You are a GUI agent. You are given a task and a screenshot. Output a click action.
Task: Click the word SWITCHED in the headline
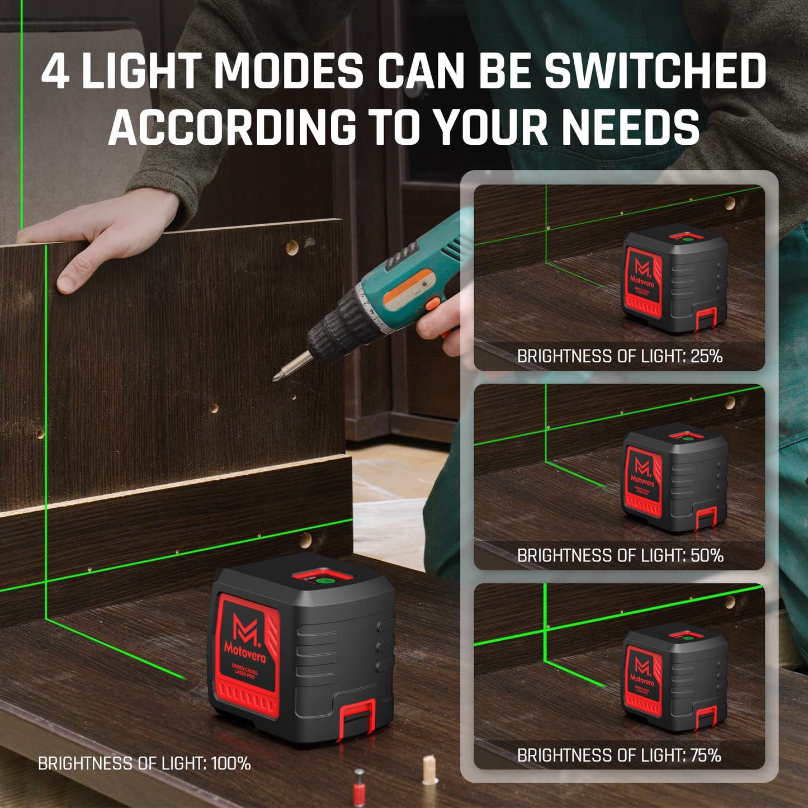tap(655, 71)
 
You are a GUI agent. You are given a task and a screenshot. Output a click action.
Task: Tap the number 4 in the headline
tap(55, 71)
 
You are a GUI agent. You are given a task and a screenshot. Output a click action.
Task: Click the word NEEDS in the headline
tap(630, 126)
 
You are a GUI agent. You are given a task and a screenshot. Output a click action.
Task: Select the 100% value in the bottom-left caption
tap(230, 763)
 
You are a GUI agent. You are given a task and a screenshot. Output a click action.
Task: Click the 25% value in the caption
tap(706, 356)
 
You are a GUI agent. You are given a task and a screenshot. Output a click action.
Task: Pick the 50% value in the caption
tap(707, 555)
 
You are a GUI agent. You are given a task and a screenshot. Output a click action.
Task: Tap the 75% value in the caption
tap(706, 755)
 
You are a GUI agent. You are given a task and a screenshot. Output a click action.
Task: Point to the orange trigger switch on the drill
tap(432, 304)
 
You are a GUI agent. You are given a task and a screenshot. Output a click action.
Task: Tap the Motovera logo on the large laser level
tap(245, 637)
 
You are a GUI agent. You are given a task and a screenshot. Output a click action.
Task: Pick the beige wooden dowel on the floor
tap(429, 769)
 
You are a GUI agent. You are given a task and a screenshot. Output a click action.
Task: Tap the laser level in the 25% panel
tap(675, 280)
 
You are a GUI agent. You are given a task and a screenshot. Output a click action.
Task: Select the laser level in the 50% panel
tap(675, 479)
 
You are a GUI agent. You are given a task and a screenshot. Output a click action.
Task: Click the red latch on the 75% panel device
tap(706, 717)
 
